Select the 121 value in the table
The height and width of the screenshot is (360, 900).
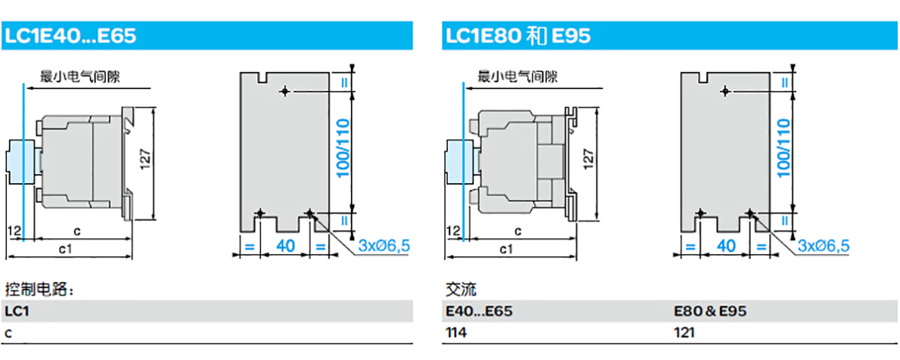684,333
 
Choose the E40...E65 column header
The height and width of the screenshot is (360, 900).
479,312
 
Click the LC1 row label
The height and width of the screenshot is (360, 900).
17,312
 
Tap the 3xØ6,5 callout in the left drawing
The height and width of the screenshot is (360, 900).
384,247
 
